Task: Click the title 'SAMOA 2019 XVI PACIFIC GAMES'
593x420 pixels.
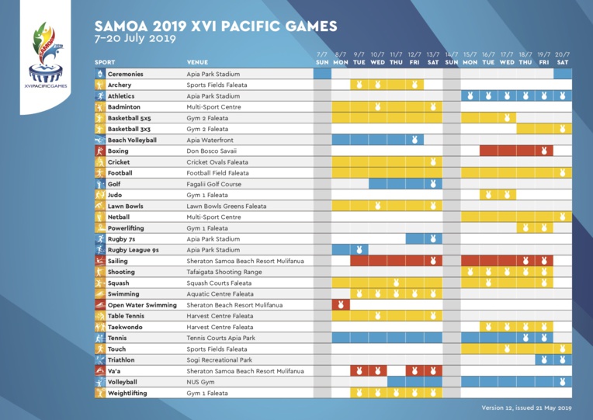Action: click(x=216, y=26)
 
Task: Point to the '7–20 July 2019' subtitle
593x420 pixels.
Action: click(x=135, y=38)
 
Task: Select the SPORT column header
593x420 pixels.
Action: click(x=106, y=62)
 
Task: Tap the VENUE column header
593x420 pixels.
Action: click(x=197, y=62)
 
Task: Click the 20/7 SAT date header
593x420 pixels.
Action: click(x=563, y=57)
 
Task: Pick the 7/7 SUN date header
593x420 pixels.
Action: click(x=323, y=57)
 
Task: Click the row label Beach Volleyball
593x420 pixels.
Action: click(x=132, y=140)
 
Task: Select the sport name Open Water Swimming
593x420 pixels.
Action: click(x=142, y=305)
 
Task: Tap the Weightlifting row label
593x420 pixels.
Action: click(x=130, y=394)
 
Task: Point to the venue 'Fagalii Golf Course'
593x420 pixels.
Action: click(x=214, y=184)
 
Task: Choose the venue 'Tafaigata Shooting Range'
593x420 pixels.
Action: click(x=223, y=272)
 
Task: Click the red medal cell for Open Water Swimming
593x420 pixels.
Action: click(x=341, y=305)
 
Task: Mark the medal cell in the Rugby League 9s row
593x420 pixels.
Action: click(x=359, y=250)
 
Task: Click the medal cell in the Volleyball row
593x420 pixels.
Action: click(x=563, y=382)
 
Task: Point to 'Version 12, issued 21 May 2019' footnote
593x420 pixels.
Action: click(x=525, y=407)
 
